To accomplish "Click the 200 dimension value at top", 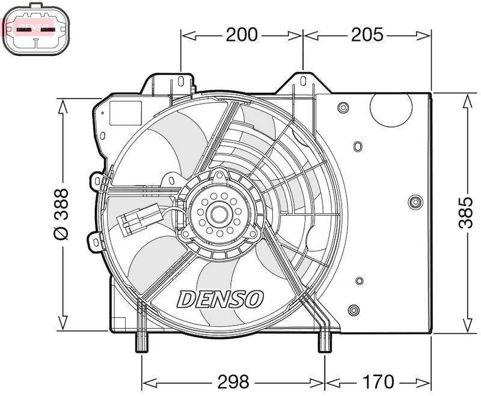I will pyautogui.click(x=242, y=35).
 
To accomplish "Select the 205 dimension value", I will pyautogui.click(x=366, y=35).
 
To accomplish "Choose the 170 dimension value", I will pyautogui.click(x=379, y=382).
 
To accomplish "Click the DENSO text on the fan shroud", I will pyautogui.click(x=221, y=298).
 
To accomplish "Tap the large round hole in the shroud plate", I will pyautogui.click(x=390, y=106).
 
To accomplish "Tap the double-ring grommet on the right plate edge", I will pyautogui.click(x=415, y=201).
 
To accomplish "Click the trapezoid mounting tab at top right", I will pyautogui.click(x=304, y=84).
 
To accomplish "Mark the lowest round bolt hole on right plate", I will pyautogui.click(x=354, y=310).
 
